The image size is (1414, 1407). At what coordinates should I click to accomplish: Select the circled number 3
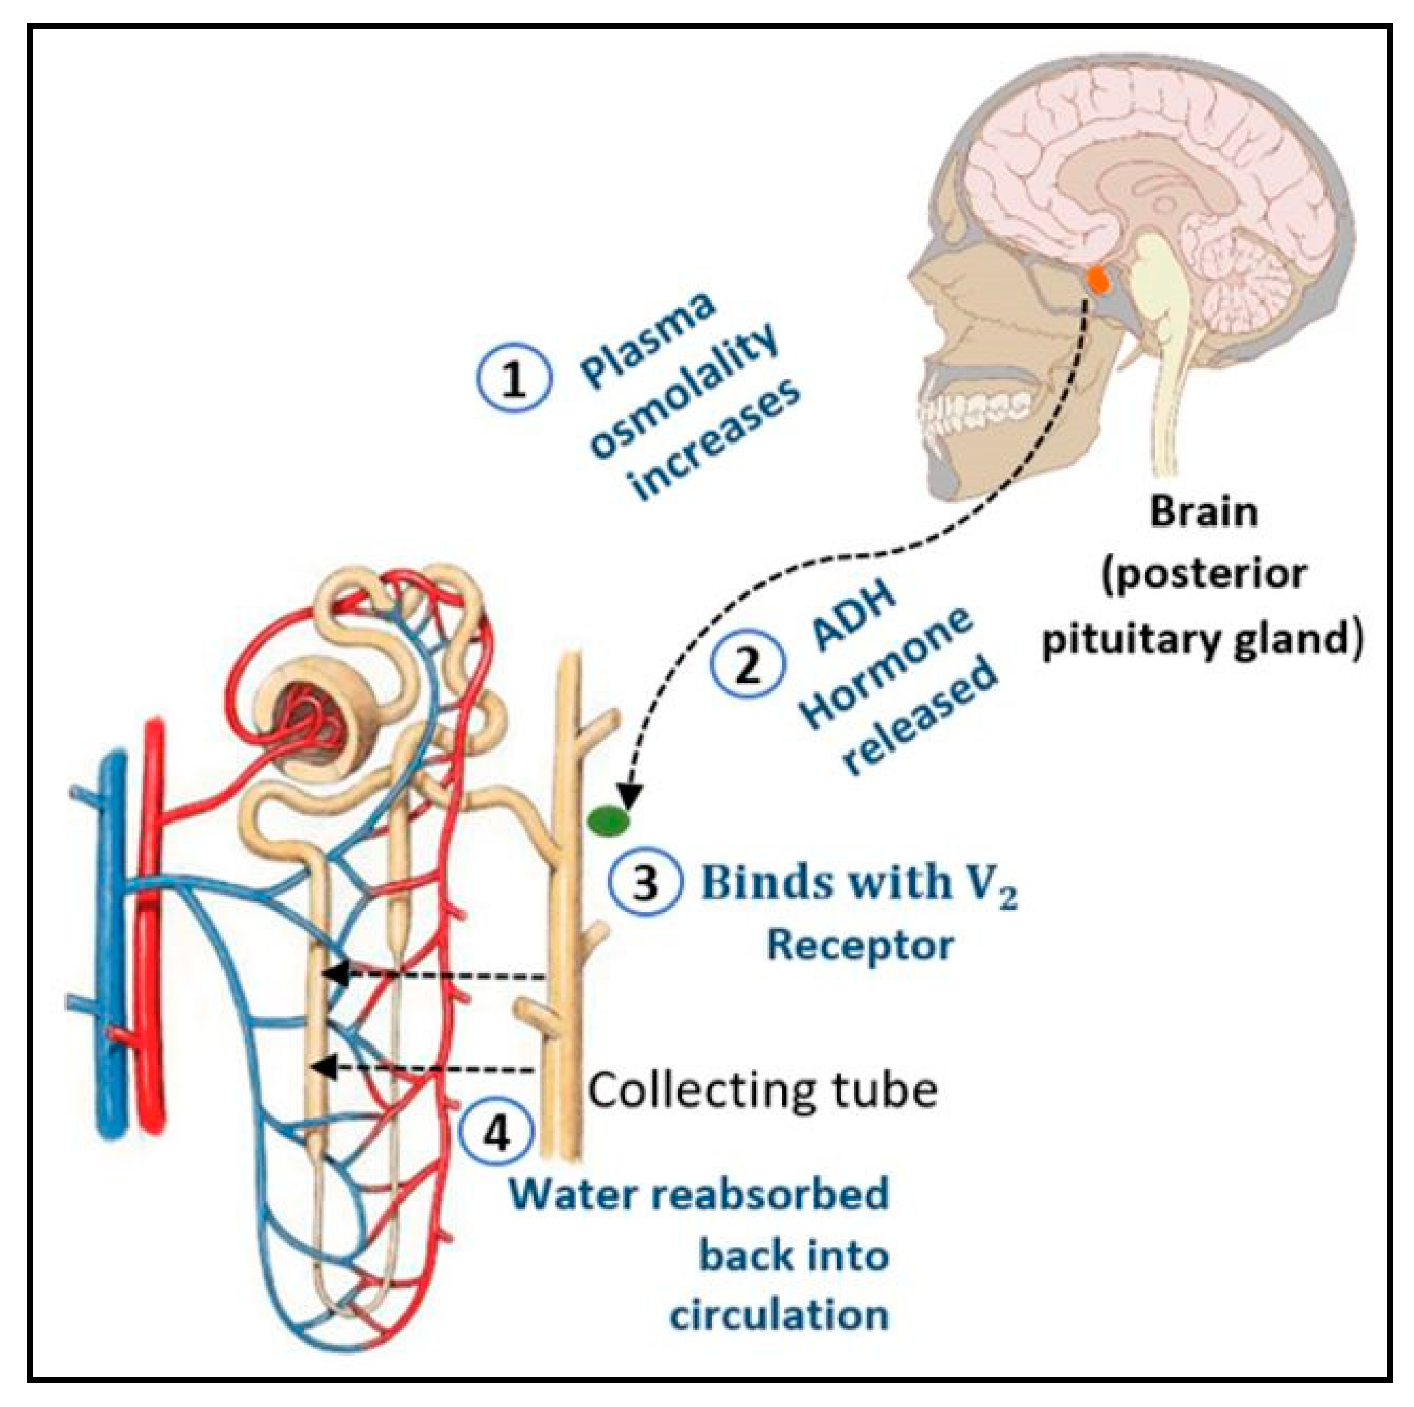(x=645, y=884)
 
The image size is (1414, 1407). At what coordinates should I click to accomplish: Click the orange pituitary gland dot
(x=1098, y=279)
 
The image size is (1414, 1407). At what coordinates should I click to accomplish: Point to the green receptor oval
(x=609, y=821)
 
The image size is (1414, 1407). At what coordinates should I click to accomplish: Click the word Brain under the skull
(x=1204, y=512)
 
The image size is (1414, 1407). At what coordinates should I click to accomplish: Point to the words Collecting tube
(x=763, y=1091)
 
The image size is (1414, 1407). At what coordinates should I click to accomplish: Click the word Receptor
(x=860, y=947)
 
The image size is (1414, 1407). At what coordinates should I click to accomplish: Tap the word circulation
(x=780, y=1316)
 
